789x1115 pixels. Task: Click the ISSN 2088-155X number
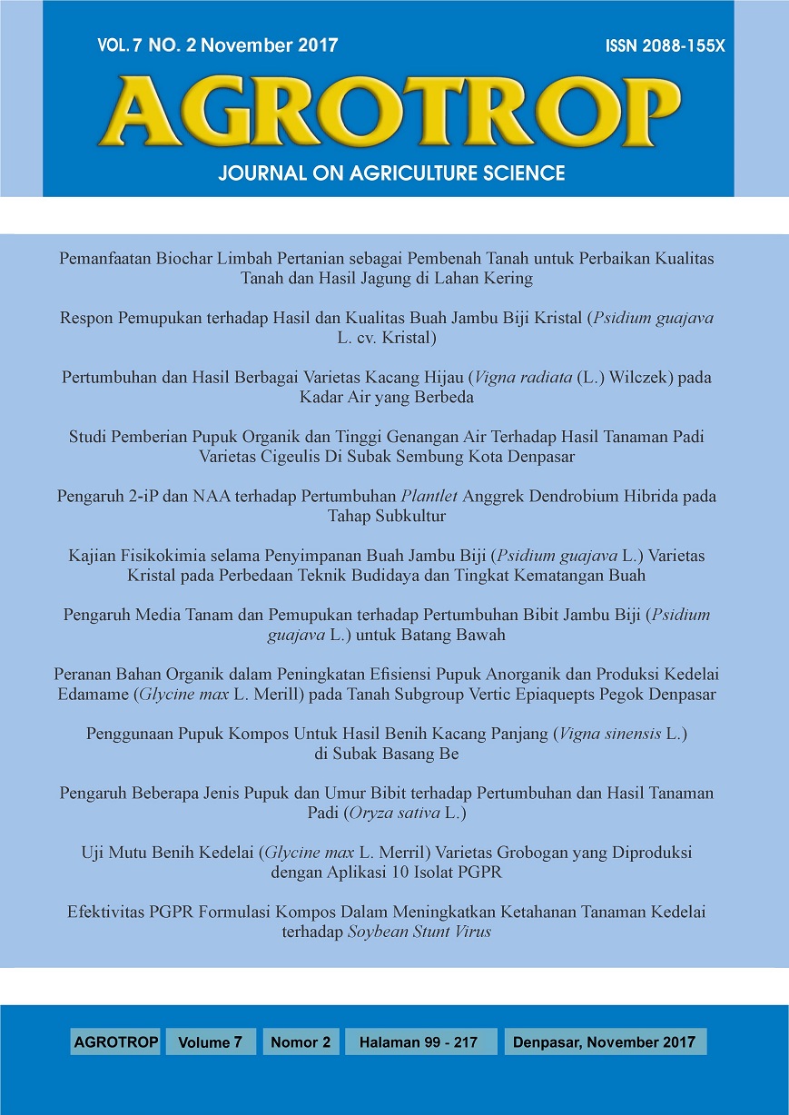pos(665,46)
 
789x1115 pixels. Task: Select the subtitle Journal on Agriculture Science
pos(391,173)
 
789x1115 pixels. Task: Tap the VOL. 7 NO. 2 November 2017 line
pos(217,46)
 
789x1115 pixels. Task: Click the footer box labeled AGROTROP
pos(115,1042)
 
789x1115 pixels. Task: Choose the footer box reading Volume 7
pos(211,1042)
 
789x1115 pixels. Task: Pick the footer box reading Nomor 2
pos(301,1042)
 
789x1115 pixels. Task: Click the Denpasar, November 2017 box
pos(604,1042)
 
